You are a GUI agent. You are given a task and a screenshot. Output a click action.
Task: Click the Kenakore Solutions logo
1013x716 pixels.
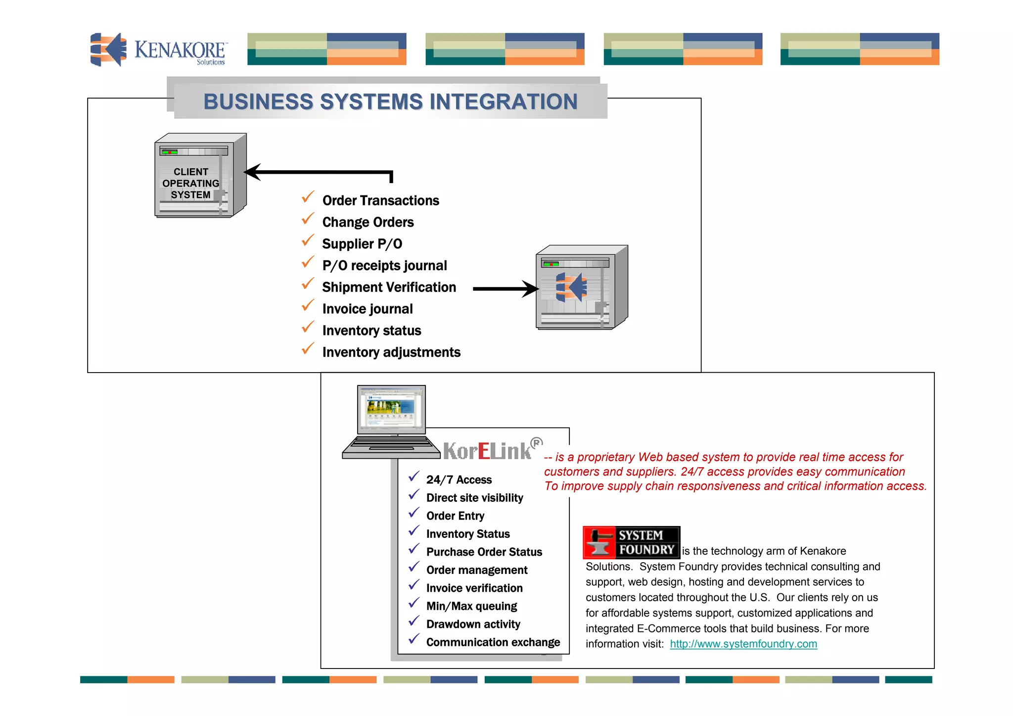pyautogui.click(x=158, y=49)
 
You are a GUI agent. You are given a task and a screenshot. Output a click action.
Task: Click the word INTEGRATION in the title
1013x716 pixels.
pyautogui.click(x=503, y=101)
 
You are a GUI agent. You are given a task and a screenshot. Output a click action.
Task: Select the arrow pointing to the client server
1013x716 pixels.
pyautogui.click(x=317, y=173)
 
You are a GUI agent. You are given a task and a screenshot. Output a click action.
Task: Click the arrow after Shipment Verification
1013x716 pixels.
pyautogui.click(x=505, y=288)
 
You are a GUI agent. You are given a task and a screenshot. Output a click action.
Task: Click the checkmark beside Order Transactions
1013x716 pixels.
pyautogui.click(x=308, y=197)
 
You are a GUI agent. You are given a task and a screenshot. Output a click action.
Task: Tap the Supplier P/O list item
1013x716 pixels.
pyautogui.click(x=362, y=244)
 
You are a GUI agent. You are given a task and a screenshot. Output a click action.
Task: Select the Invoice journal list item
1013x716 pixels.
pyautogui.click(x=367, y=309)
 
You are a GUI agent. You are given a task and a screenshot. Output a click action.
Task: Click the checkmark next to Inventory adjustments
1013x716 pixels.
pyautogui.click(x=308, y=349)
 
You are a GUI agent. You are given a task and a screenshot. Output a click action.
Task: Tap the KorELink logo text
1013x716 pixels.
pyautogui.click(x=487, y=451)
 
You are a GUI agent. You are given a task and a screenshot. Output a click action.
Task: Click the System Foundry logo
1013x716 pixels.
pyautogui.click(x=631, y=542)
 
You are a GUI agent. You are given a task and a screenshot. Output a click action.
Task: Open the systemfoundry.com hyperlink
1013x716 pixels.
pyautogui.click(x=743, y=644)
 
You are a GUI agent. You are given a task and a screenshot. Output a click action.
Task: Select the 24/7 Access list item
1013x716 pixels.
pyautogui.click(x=459, y=479)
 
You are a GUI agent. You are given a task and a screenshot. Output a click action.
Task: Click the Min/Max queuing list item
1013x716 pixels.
pyautogui.click(x=471, y=606)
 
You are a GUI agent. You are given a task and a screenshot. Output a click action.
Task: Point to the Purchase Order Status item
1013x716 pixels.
pyautogui.click(x=484, y=552)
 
